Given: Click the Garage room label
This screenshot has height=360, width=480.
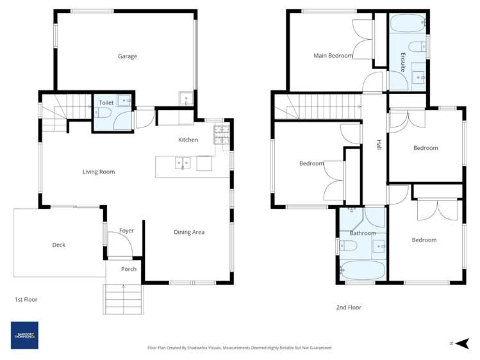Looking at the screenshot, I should [127, 56].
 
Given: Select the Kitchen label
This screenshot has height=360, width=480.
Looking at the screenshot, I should [188, 140].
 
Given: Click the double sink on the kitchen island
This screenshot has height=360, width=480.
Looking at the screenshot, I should [182, 163].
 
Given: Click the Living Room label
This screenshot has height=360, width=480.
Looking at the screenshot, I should [99, 172].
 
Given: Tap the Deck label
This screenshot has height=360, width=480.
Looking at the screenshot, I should [58, 245].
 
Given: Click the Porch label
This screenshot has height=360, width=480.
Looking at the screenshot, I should [129, 269].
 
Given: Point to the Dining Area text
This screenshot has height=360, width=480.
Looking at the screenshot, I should [189, 232].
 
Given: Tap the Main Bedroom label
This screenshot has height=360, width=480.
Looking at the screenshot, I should [333, 56].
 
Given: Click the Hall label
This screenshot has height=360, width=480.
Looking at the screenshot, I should [379, 146].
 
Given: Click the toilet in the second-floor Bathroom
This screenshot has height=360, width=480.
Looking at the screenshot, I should [347, 244].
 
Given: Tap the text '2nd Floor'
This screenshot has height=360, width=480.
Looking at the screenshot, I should [349, 307].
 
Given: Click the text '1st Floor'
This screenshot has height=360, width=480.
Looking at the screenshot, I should [27, 299].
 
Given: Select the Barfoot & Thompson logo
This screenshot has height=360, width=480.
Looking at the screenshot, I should [24, 335].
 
